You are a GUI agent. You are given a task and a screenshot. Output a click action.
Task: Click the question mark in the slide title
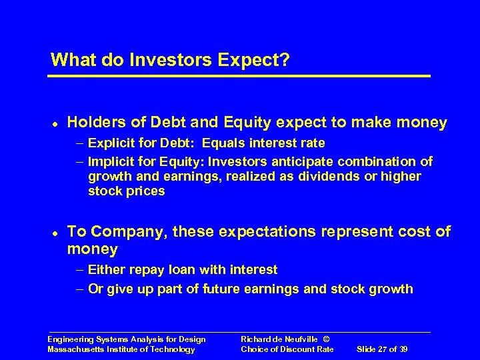coord(285,60)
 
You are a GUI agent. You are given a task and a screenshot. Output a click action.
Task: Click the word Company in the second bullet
coord(126,231)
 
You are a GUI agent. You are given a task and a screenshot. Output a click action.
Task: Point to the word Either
coord(105,269)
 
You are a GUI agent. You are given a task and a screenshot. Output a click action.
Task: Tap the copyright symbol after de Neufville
coord(315,339)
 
